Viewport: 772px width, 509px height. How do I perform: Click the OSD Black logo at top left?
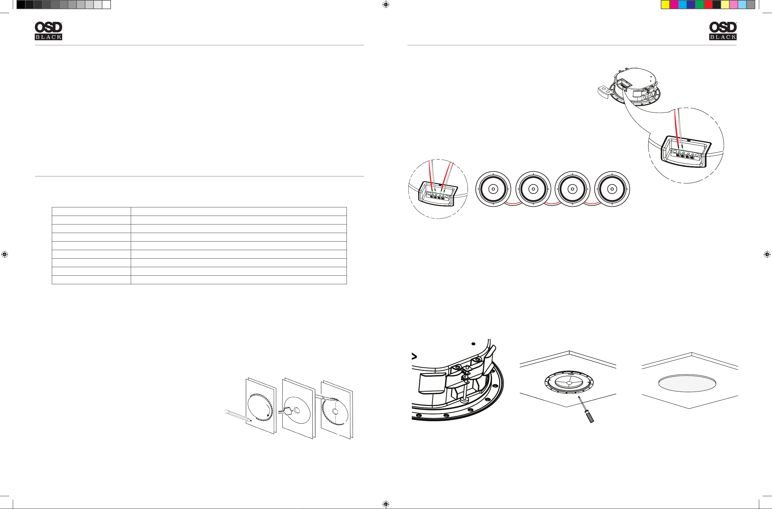pyautogui.click(x=48, y=31)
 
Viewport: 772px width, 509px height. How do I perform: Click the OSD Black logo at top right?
pyautogui.click(x=723, y=31)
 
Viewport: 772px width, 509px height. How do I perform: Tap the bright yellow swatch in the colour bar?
pyautogui.click(x=665, y=5)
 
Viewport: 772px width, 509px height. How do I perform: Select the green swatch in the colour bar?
pyautogui.click(x=699, y=5)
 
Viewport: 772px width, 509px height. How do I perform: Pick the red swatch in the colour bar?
pyautogui.click(x=708, y=5)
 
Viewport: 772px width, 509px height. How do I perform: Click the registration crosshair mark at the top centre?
pyautogui.click(x=386, y=5)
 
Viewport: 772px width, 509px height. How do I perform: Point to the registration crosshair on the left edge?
pyautogui.click(x=5, y=254)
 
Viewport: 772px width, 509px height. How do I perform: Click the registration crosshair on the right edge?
pyautogui.click(x=767, y=254)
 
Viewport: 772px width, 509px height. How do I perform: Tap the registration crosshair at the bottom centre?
pyautogui.click(x=386, y=504)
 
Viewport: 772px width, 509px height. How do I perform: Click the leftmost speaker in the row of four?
pyautogui.click(x=493, y=189)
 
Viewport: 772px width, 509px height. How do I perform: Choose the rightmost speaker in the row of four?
pyautogui.click(x=612, y=189)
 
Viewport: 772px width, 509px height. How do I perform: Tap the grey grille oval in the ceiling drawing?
pyautogui.click(x=687, y=383)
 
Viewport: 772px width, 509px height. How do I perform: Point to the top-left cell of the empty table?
pyautogui.click(x=91, y=211)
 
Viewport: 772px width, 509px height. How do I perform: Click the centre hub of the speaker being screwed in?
pyautogui.click(x=569, y=383)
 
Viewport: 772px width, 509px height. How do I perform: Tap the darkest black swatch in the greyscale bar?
pyautogui.click(x=21, y=5)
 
